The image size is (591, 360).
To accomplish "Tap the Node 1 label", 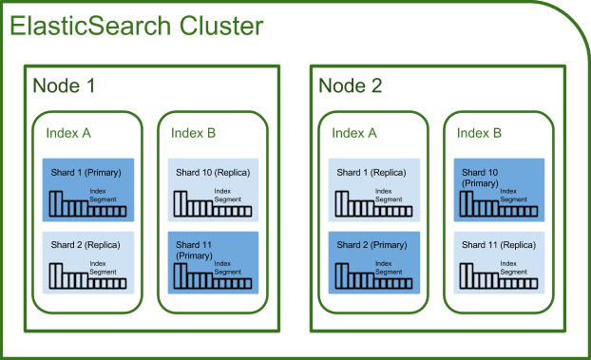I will (64, 86).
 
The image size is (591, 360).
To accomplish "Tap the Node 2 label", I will (351, 86).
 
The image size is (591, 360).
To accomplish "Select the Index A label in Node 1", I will (68, 132).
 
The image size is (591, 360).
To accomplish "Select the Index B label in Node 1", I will (194, 132).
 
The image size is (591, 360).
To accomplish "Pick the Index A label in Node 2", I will (354, 133).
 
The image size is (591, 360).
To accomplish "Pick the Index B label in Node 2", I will (480, 133).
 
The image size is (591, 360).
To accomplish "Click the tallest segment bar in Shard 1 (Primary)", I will (55, 201).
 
